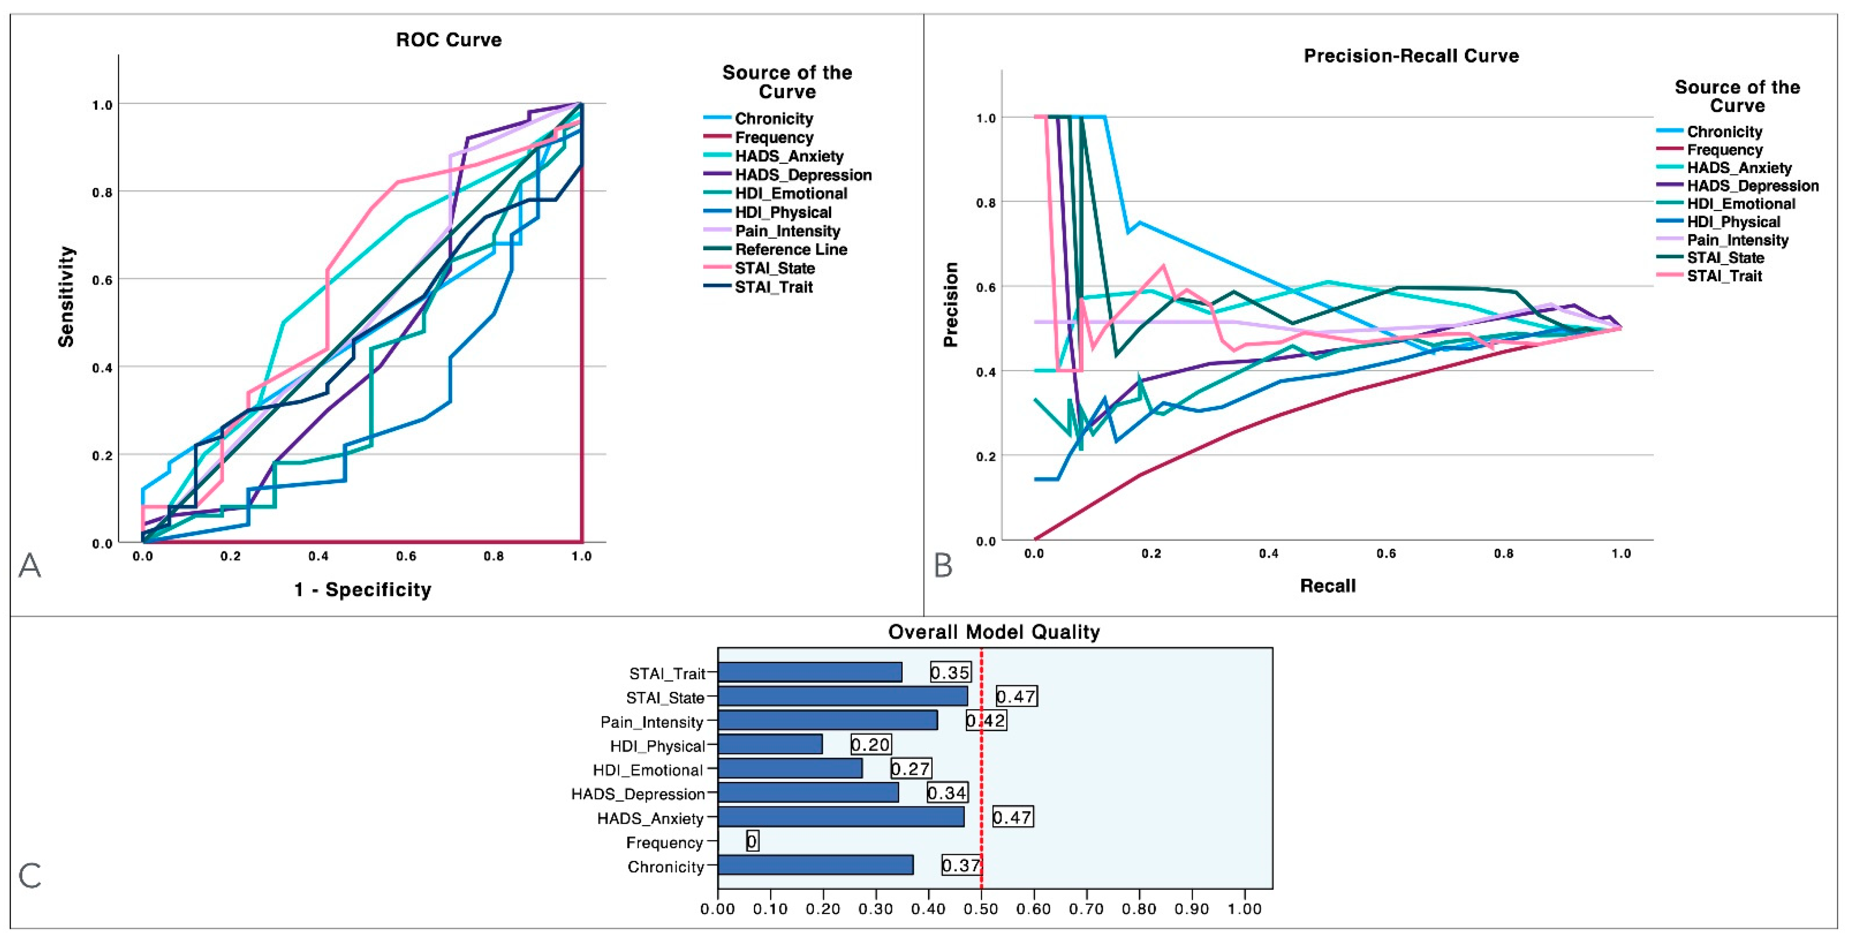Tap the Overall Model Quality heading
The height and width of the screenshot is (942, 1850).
coord(993,632)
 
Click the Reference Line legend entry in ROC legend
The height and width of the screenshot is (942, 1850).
coord(791,250)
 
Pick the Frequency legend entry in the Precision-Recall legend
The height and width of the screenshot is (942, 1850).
coord(1724,150)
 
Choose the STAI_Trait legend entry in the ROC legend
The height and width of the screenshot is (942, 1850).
coord(773,287)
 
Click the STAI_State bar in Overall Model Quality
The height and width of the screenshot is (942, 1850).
coord(842,697)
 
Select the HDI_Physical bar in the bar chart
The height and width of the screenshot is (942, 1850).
coord(770,745)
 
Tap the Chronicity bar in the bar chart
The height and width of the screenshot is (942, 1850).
coord(815,865)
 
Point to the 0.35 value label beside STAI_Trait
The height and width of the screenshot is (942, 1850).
coord(950,673)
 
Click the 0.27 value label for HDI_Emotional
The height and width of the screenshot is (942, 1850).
coord(911,769)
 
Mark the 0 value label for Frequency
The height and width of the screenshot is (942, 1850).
coord(752,841)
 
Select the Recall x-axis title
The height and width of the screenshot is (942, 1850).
coord(1328,586)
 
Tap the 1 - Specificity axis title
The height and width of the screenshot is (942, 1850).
coord(363,590)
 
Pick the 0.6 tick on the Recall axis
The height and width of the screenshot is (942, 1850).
coord(1386,553)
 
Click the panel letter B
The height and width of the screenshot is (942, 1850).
coord(943,565)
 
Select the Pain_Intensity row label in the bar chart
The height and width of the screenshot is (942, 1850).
coord(651,721)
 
